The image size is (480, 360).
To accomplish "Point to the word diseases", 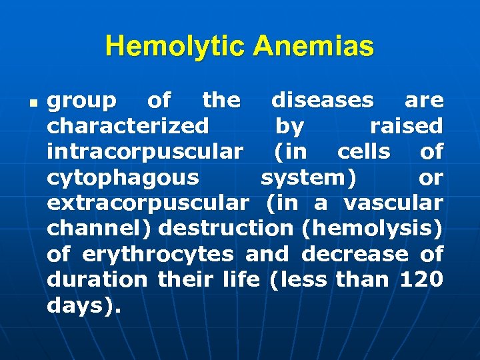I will (x=323, y=101).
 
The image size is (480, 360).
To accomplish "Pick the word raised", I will (x=406, y=126).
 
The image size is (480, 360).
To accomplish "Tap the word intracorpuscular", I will (x=145, y=152).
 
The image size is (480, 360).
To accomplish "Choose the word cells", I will (x=364, y=152).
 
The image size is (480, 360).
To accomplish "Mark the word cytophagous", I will (x=123, y=178).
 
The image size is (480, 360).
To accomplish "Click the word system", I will (x=306, y=178).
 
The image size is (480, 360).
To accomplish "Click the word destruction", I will (x=226, y=229).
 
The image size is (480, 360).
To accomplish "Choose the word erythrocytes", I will (x=157, y=255).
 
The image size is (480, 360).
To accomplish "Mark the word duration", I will (x=97, y=280).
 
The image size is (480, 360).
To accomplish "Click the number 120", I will (x=421, y=280).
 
